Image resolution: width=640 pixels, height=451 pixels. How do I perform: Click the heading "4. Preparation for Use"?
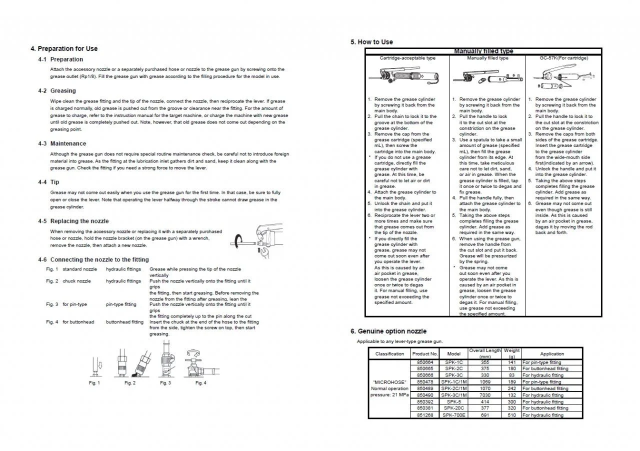(64, 48)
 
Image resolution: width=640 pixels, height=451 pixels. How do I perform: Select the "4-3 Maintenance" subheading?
(62, 143)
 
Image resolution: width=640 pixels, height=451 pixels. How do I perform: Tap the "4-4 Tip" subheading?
(48, 182)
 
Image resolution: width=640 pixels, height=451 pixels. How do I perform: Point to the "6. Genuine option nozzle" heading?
(388, 331)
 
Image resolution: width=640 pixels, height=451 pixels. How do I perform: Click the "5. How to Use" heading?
(371, 42)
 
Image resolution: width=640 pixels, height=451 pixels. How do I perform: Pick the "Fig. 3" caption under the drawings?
(165, 383)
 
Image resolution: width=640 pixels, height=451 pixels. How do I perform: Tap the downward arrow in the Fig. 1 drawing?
(99, 366)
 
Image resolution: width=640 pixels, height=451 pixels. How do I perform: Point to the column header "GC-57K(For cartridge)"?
(563, 58)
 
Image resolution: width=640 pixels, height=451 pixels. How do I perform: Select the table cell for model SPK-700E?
(453, 415)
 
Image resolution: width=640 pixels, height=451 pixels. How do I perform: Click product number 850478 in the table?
(425, 382)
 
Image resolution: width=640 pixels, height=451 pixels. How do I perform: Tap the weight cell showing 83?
(511, 375)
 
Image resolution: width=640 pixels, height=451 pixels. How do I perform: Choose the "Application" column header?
(552, 353)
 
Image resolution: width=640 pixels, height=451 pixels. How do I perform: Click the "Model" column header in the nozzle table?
(453, 353)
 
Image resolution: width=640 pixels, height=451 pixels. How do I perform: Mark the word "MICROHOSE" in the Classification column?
(389, 382)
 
